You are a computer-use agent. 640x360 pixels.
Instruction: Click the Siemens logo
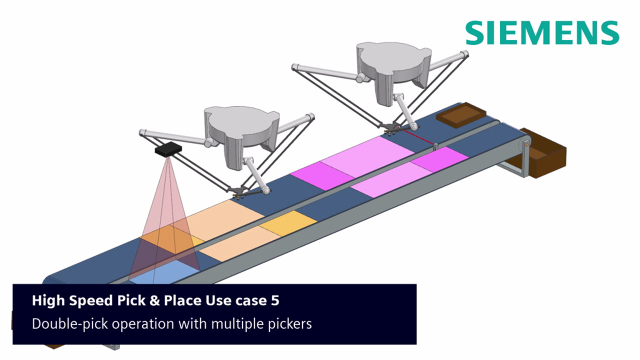pos(542,33)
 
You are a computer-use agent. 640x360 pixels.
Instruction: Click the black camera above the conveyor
pos(168,149)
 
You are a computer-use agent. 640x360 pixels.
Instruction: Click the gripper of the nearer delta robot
pos(239,192)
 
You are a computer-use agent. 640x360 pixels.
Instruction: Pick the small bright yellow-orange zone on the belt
pos(288,223)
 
